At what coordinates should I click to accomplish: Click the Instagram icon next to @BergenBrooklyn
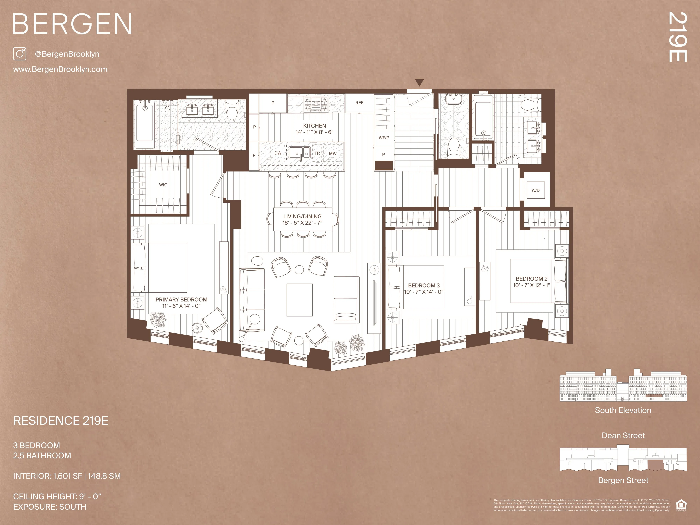20,54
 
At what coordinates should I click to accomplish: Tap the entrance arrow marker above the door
419,83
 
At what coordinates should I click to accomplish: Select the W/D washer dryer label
535,190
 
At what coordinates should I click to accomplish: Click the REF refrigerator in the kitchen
359,103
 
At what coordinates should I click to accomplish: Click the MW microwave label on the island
333,153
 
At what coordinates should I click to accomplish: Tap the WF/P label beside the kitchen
384,138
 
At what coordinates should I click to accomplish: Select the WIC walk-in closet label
163,185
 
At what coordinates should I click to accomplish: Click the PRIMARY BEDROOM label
181,299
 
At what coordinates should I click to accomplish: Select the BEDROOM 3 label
424,285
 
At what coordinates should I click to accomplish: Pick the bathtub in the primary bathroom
144,125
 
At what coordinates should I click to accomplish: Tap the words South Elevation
623,410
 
